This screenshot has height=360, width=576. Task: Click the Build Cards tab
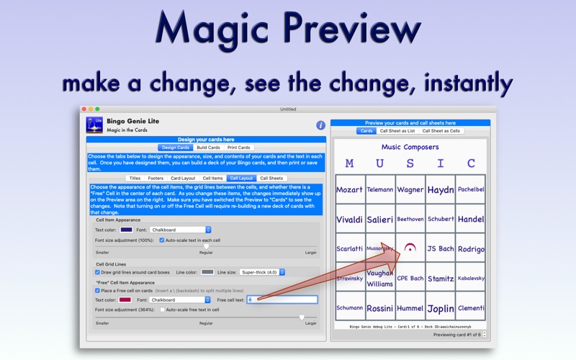click(x=207, y=148)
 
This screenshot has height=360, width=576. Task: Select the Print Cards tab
click(x=239, y=148)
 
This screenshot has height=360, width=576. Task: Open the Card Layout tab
click(x=183, y=178)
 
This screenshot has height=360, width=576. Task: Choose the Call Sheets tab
click(x=272, y=178)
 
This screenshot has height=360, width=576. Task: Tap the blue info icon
click(x=320, y=125)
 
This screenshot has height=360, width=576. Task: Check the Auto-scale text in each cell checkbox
click(x=163, y=239)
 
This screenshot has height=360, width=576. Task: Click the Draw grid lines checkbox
click(x=98, y=272)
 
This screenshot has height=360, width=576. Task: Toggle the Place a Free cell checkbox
click(x=98, y=290)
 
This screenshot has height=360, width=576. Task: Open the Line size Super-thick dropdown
click(x=262, y=272)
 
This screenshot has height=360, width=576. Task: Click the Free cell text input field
click(x=282, y=300)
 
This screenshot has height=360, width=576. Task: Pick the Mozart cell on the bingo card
click(x=349, y=190)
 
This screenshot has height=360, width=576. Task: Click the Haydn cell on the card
click(x=440, y=190)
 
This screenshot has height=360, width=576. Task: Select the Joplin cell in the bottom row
click(x=440, y=308)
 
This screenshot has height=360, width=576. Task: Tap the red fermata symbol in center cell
click(x=410, y=248)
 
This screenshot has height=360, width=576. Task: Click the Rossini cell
click(x=379, y=308)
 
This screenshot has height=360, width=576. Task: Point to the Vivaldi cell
click(x=349, y=219)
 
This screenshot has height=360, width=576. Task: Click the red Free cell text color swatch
click(x=125, y=300)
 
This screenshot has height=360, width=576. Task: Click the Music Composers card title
click(x=410, y=146)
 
